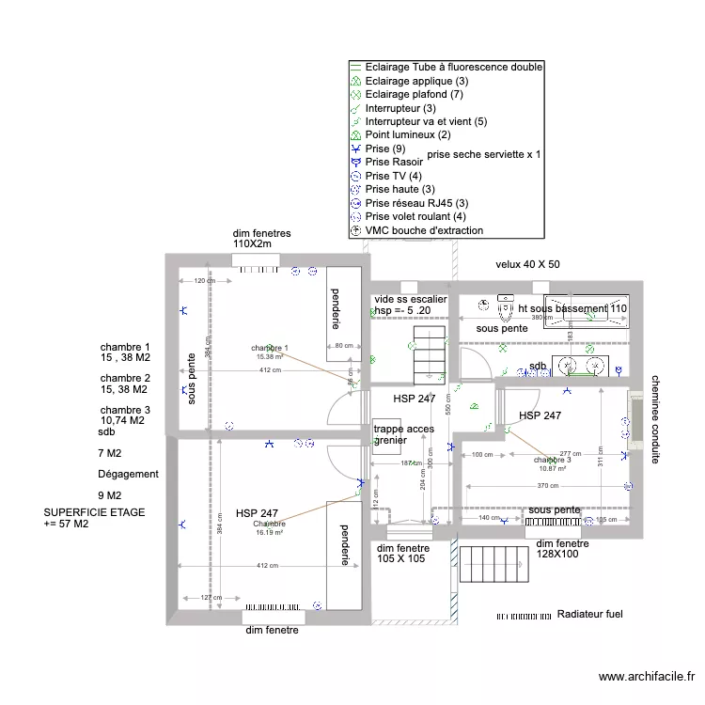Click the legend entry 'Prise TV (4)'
(393, 176)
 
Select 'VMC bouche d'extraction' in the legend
(424, 230)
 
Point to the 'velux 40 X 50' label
(527, 264)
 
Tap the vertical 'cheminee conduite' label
(655, 418)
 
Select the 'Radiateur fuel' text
(589, 614)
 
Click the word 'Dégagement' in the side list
(128, 475)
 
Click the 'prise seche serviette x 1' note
(484, 153)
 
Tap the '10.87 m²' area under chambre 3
(553, 468)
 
